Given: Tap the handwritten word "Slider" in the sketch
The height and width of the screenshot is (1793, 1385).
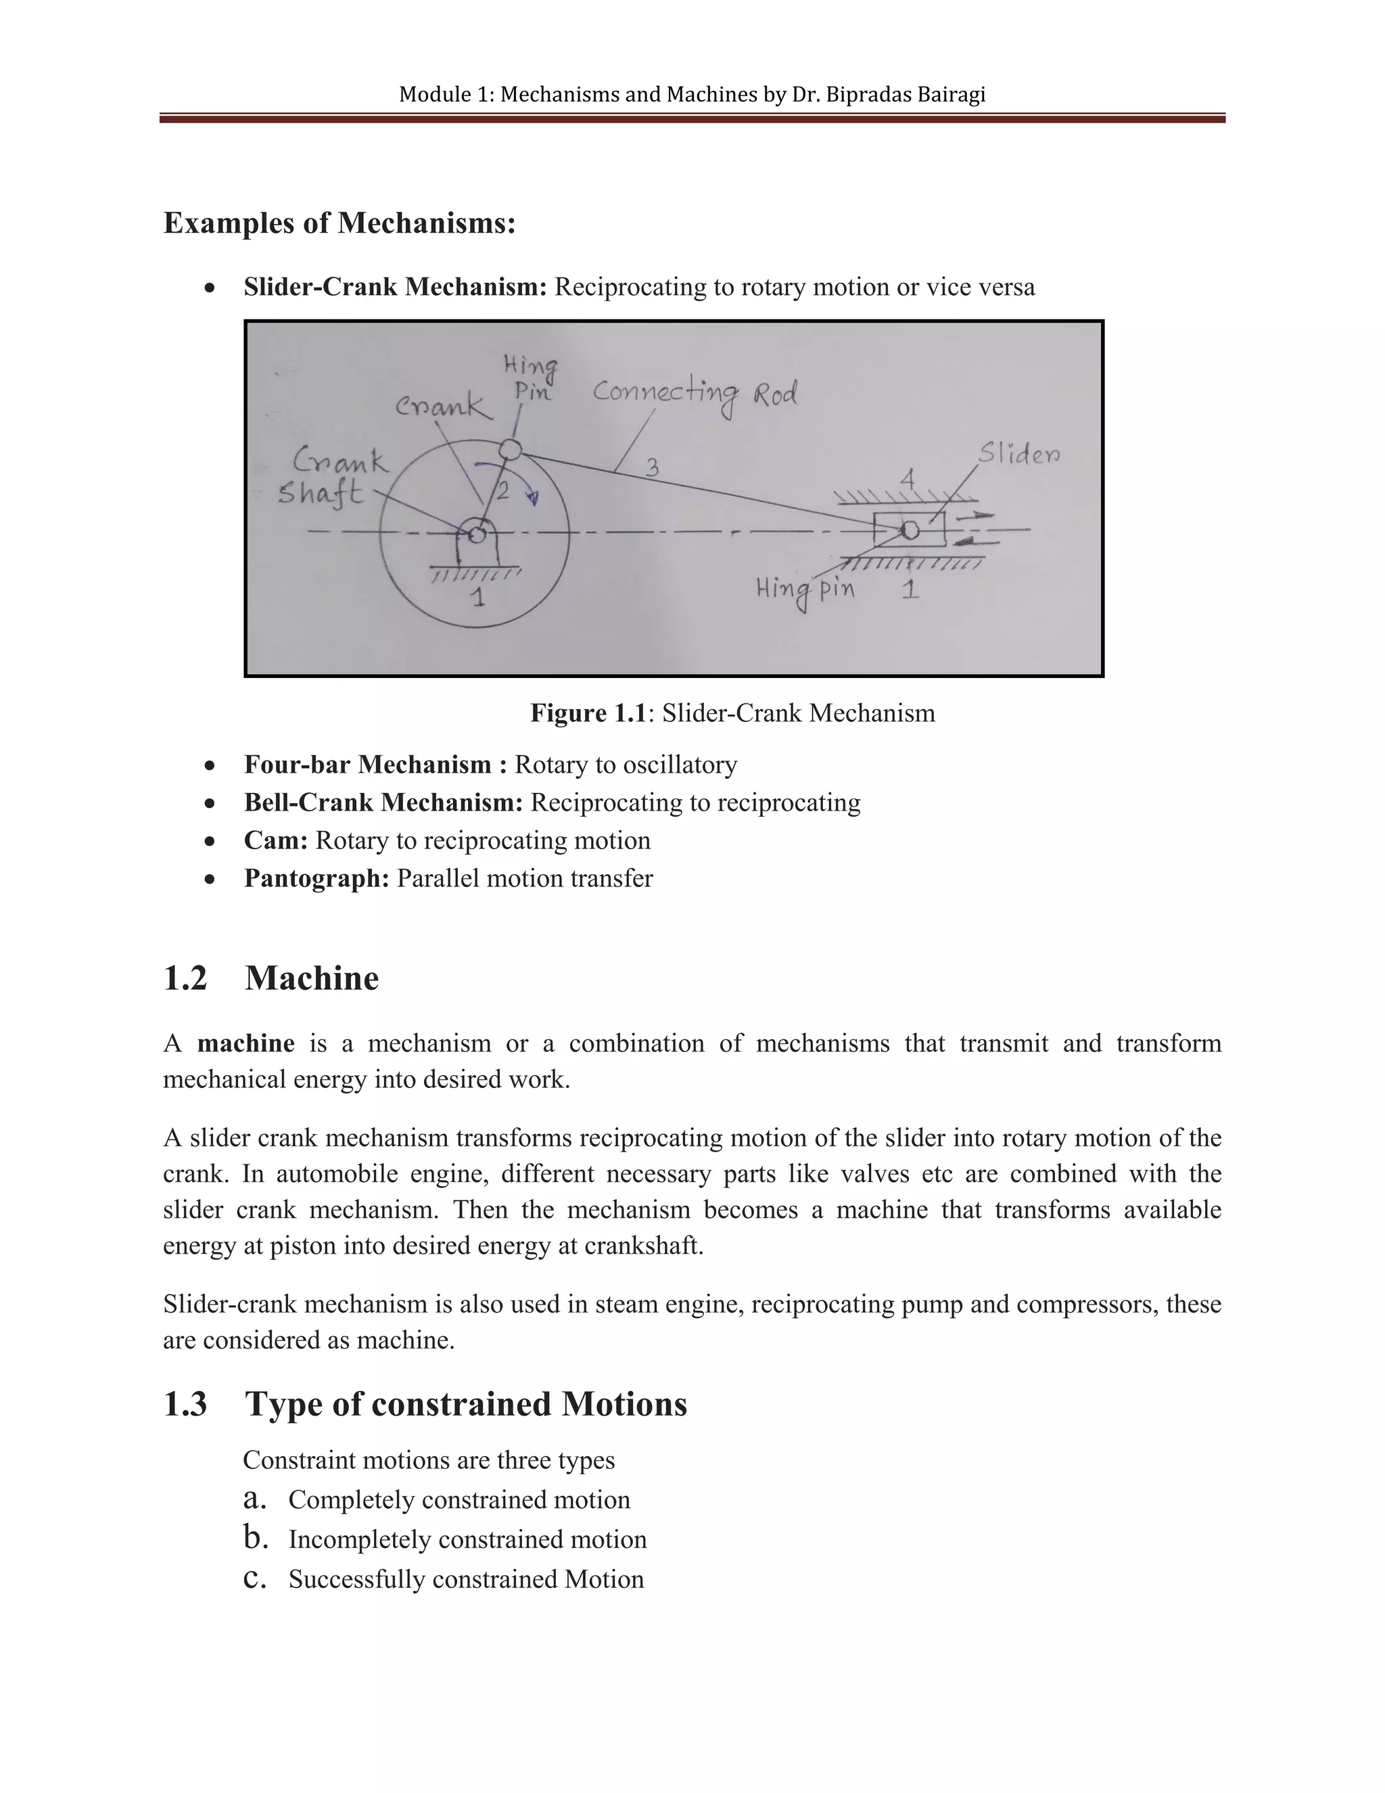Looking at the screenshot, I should tap(1018, 453).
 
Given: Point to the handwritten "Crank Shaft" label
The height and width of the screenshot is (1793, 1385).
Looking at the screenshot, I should tap(331, 477).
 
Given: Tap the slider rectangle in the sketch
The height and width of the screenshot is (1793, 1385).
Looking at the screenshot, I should tap(909, 530).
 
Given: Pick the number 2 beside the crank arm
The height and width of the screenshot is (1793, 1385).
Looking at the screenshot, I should tap(502, 491).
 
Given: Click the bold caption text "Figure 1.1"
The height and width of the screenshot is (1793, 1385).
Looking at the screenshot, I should tap(588, 712).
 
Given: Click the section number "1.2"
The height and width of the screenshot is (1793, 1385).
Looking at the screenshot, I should tap(185, 978).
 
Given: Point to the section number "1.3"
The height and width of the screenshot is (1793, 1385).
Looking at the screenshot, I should tap(185, 1404).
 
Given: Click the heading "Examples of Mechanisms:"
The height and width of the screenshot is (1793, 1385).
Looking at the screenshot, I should tap(339, 223).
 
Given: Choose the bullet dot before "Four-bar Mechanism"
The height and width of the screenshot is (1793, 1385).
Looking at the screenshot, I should tap(211, 765).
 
